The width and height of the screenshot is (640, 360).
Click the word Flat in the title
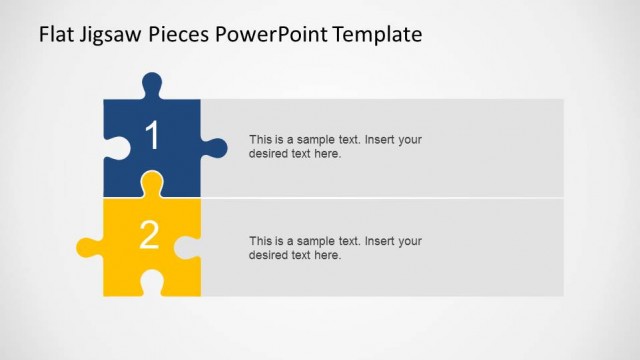pos(56,35)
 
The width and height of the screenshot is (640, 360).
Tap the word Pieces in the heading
pos(181,35)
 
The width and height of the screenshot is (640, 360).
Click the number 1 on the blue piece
pos(152,137)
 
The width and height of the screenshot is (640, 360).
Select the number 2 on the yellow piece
pos(149,235)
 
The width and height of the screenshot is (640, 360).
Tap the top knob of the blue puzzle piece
pos(151,83)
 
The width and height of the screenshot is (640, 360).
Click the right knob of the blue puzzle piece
pos(215,148)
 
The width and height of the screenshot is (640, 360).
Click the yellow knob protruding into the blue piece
pos(152,183)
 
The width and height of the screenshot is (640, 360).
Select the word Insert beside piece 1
pos(380,140)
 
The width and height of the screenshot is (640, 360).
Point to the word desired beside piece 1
pos(269,154)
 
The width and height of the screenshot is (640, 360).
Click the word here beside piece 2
pos(328,255)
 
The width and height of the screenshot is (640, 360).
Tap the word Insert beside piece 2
pos(380,241)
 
